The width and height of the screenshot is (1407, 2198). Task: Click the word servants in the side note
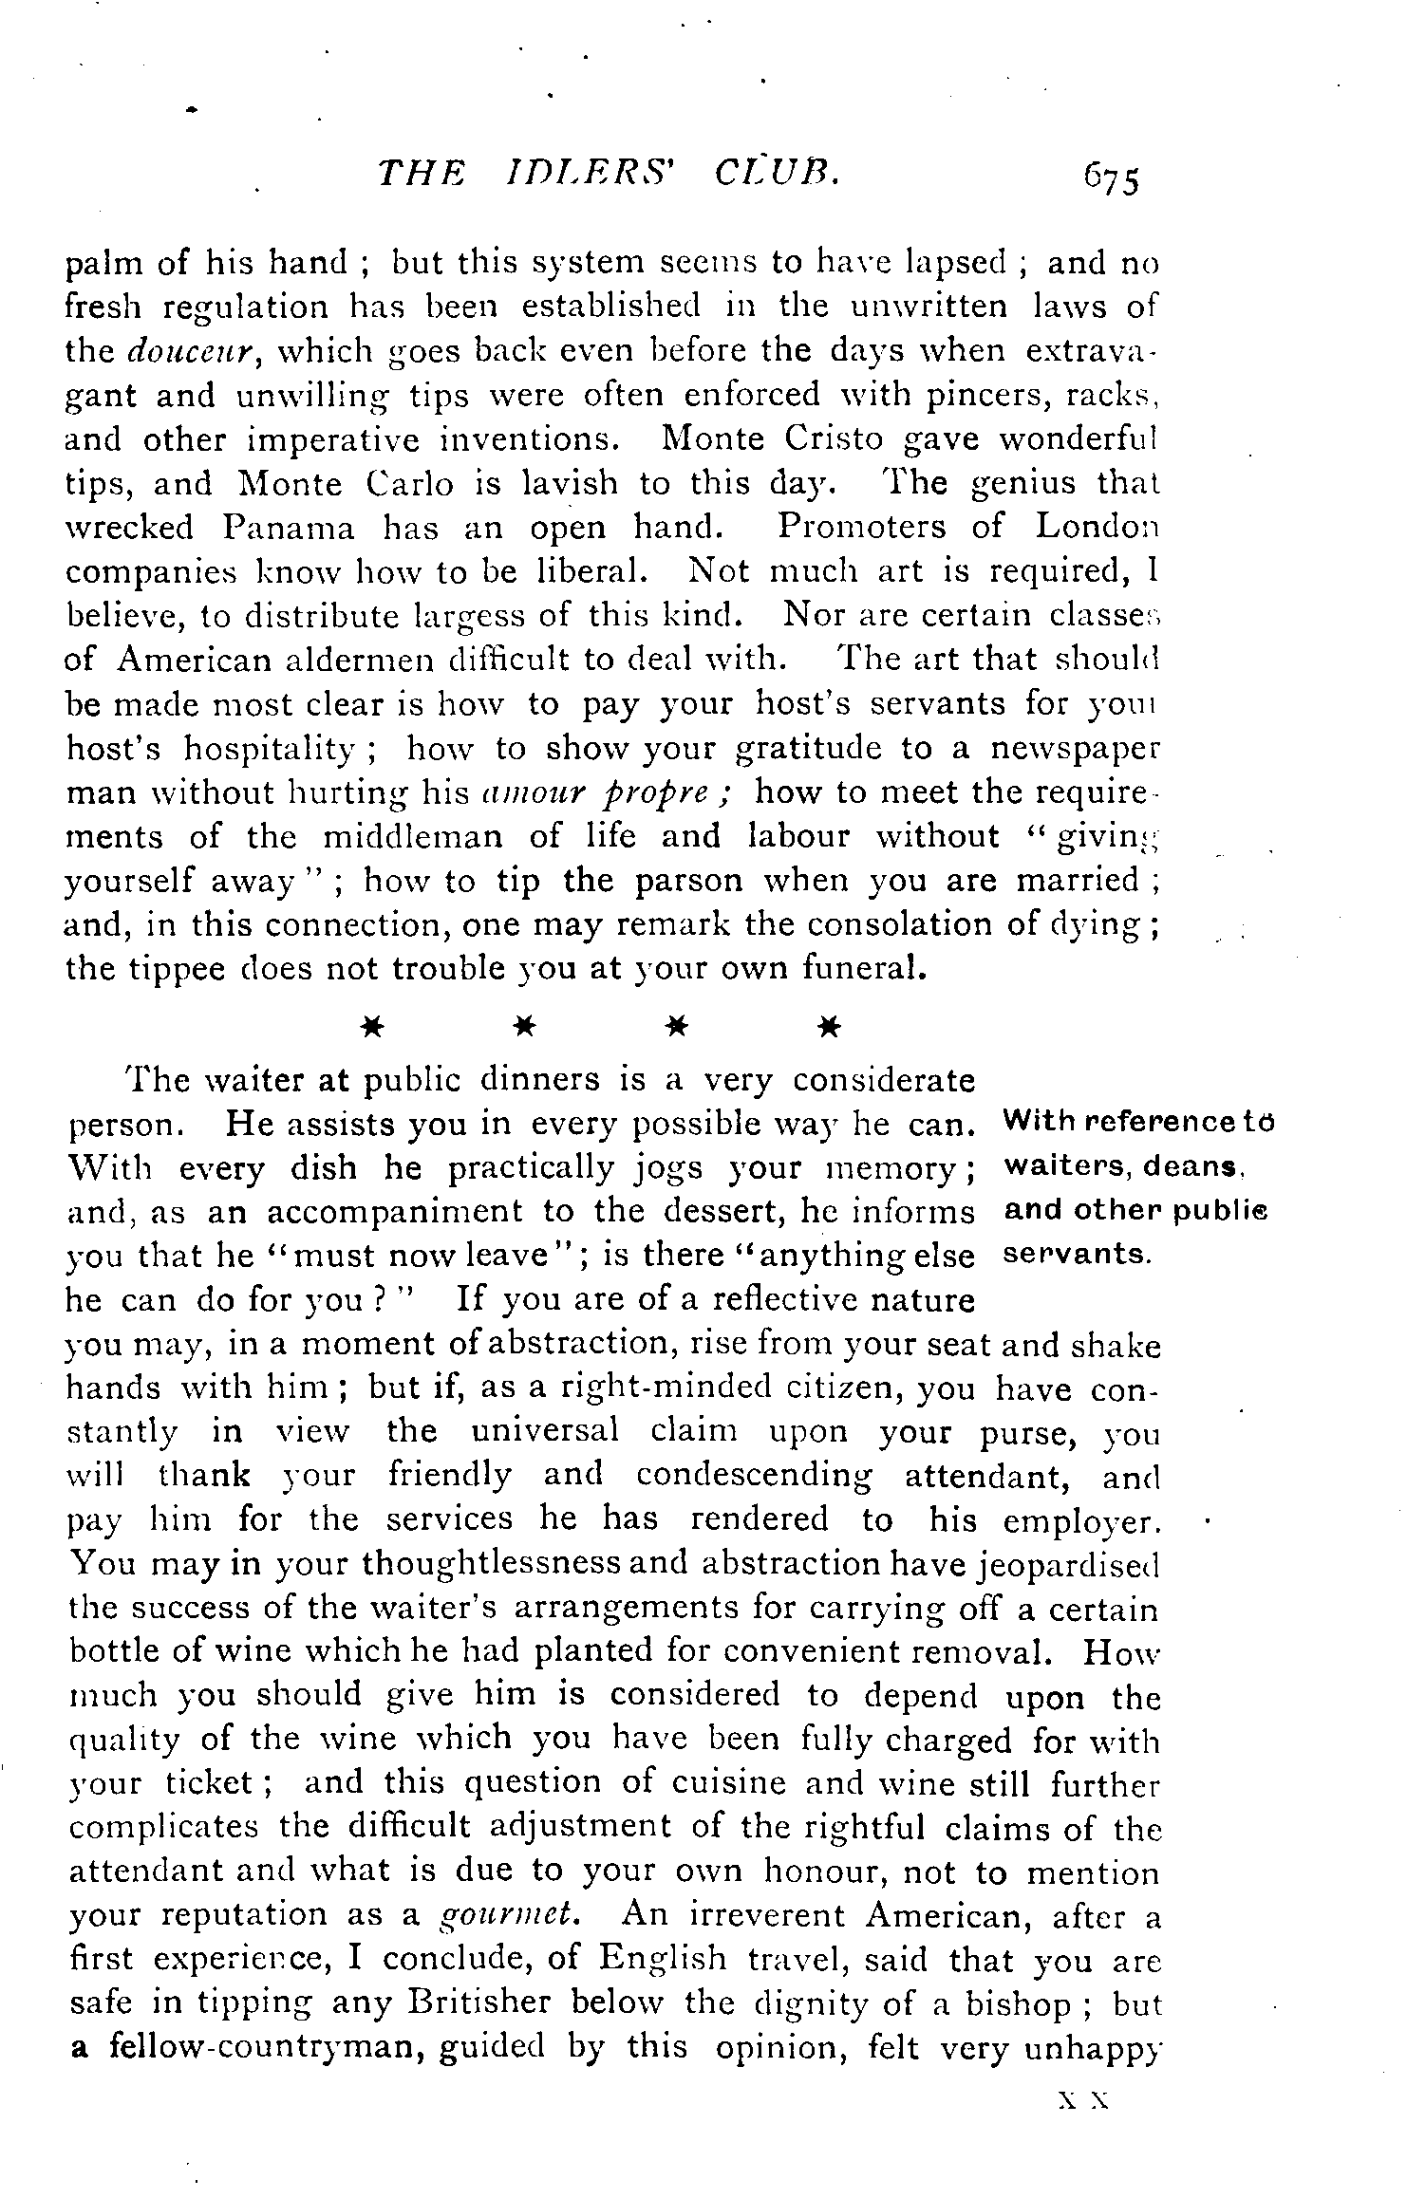pyautogui.click(x=1077, y=1254)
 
